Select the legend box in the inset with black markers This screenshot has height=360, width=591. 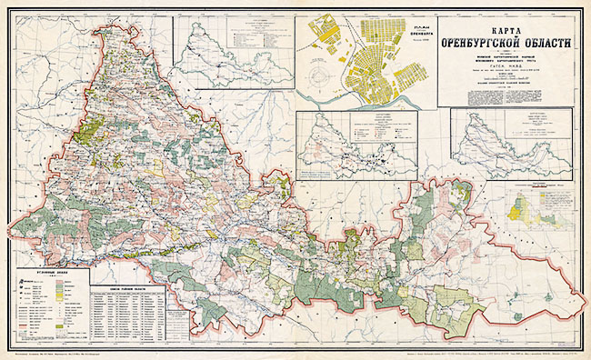coord(373,126)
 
